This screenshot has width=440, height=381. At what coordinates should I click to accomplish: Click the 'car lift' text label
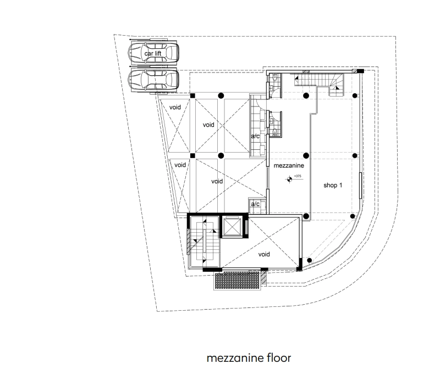[x=153, y=53]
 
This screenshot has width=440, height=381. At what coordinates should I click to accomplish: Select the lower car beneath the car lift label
[x=153, y=80]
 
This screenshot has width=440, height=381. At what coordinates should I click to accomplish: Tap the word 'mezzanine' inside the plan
[x=289, y=166]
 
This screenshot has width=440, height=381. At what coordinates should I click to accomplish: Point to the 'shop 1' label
[x=333, y=185]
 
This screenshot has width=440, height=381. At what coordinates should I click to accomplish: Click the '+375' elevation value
[x=298, y=176]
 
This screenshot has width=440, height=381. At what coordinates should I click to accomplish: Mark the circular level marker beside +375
[x=289, y=179]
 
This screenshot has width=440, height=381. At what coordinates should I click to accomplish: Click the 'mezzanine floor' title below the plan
[x=249, y=358]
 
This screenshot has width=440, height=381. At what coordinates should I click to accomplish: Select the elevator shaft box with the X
[x=232, y=227]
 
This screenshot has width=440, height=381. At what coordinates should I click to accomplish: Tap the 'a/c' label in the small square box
[x=255, y=204]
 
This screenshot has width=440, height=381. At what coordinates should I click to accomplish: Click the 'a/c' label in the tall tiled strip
[x=255, y=137]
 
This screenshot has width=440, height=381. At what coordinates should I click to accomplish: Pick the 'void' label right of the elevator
[x=264, y=254]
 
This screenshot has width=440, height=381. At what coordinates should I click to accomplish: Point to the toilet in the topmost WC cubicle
[x=276, y=77]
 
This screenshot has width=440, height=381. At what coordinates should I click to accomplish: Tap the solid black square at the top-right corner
[x=361, y=71]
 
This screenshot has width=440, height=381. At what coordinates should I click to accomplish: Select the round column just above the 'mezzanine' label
[x=306, y=155]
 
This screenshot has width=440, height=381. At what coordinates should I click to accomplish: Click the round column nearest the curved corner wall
[x=309, y=260]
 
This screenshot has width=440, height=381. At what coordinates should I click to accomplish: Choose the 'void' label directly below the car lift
[x=175, y=107]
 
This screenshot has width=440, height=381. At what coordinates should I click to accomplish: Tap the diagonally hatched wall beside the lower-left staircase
[x=188, y=242]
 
